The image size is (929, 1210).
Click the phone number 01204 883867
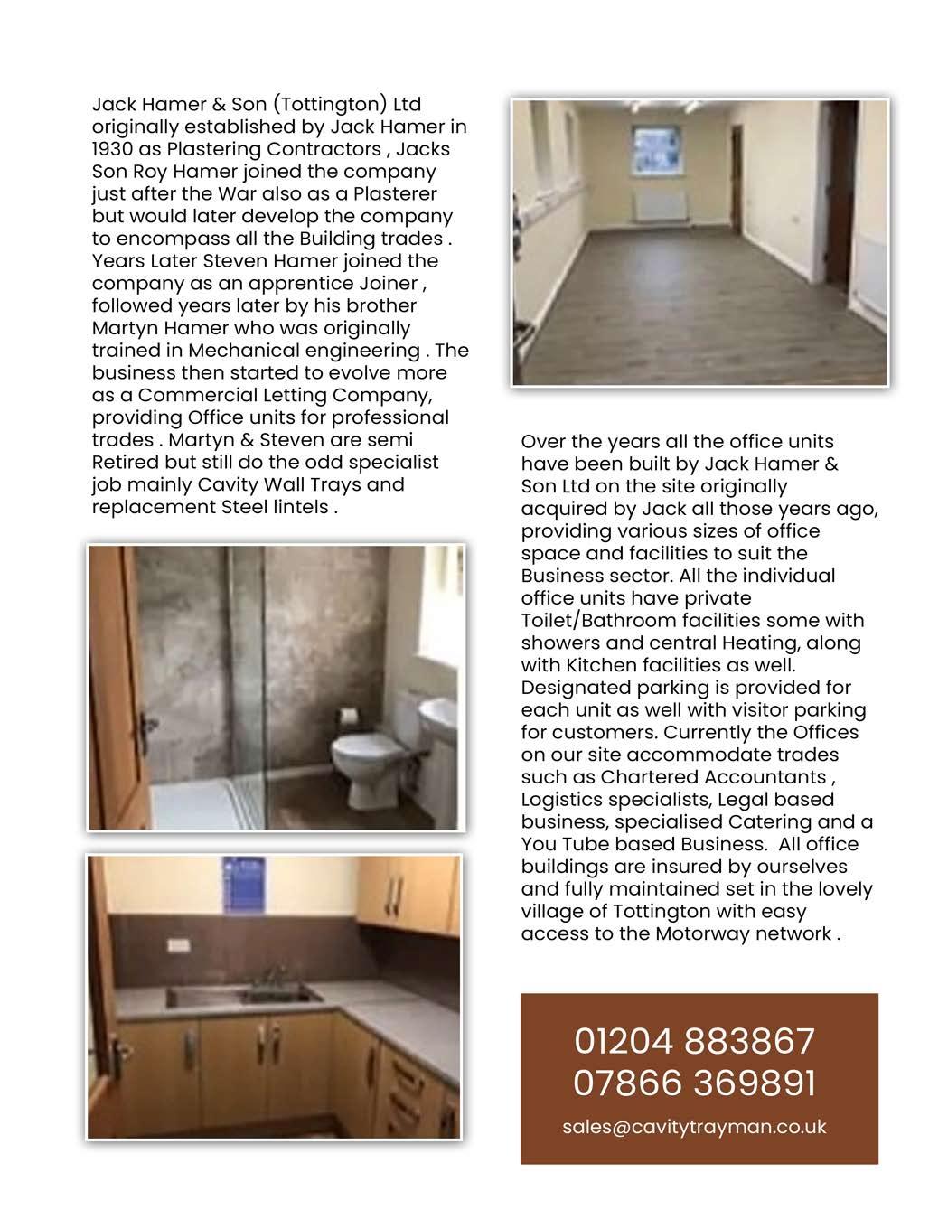694,1041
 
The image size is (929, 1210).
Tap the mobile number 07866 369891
694,1083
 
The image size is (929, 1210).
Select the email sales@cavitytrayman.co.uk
694,1127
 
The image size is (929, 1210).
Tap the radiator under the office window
662,206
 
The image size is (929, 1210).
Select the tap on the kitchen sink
269,977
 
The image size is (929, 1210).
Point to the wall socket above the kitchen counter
179,945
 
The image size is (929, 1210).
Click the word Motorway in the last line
709,933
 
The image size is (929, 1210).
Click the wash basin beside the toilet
442,718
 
